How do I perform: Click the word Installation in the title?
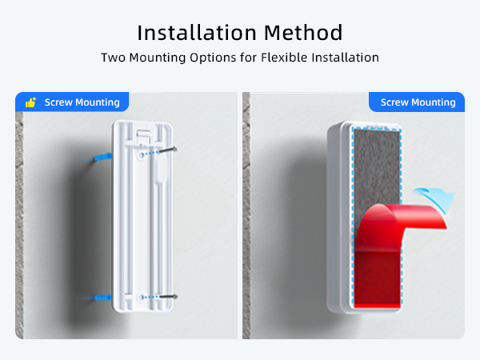pyautogui.click(x=186, y=33)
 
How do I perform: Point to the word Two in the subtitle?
pyautogui.click(x=112, y=58)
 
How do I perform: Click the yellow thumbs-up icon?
pyautogui.click(x=30, y=102)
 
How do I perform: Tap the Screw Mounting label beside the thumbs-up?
pyautogui.click(x=82, y=102)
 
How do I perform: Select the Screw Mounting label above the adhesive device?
pyautogui.click(x=418, y=102)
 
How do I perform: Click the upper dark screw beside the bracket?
pyautogui.click(x=170, y=149)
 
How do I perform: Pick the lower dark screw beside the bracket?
pyautogui.click(x=169, y=297)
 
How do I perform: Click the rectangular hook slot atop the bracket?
pyautogui.click(x=143, y=130)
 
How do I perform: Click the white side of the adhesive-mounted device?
pyautogui.click(x=336, y=216)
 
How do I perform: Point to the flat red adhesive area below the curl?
pyautogui.click(x=374, y=280)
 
